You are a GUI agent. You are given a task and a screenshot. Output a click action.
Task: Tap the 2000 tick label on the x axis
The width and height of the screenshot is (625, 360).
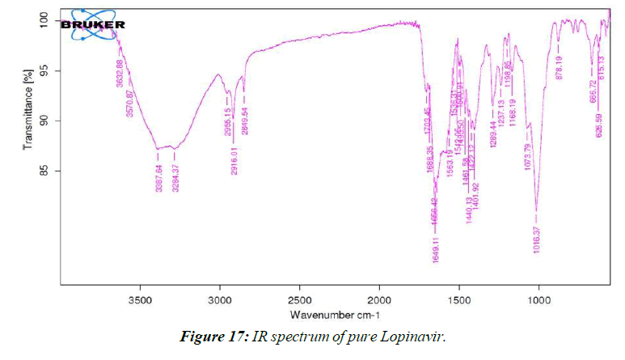[379, 298]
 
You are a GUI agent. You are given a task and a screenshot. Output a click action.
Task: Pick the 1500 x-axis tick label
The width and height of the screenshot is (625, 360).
[459, 298]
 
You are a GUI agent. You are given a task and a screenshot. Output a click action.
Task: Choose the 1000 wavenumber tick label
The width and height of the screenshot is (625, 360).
[538, 298]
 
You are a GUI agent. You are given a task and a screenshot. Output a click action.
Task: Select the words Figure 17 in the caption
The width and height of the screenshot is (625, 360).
[212, 337]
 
